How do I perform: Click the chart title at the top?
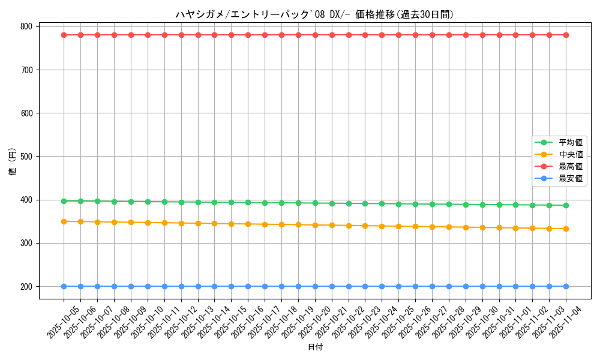[314, 14]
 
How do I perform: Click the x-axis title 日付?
[314, 347]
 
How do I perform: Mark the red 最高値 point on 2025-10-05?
[64, 35]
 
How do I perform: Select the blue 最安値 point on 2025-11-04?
[566, 286]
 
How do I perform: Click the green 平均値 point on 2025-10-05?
[64, 201]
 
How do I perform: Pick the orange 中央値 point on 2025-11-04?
[566, 229]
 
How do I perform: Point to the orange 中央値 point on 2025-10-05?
[64, 221]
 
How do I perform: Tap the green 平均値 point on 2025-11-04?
[566, 205]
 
